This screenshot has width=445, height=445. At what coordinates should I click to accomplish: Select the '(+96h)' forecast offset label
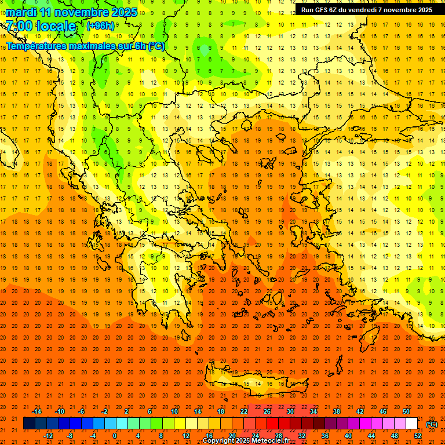tap(100, 25)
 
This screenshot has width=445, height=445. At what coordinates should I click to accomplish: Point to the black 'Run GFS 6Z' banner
tap(366, 10)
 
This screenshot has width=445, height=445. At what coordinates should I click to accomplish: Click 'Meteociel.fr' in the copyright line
tap(267, 441)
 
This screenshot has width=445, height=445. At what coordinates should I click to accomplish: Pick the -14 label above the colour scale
tap(37, 411)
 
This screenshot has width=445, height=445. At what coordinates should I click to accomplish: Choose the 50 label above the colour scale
tap(406, 411)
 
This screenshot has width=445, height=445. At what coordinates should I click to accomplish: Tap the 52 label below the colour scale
tap(418, 436)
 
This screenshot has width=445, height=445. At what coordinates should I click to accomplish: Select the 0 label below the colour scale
tap(115, 436)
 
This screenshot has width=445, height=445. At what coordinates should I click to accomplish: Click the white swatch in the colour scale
tap(411, 424)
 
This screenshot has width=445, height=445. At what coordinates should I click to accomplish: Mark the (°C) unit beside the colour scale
tap(432, 424)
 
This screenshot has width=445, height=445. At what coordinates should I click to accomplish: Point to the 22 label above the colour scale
tap(244, 411)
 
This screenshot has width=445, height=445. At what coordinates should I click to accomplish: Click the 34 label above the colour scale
tap(313, 411)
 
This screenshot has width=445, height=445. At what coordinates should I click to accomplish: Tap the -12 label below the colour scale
tap(48, 436)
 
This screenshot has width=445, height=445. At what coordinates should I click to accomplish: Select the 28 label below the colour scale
tap(279, 436)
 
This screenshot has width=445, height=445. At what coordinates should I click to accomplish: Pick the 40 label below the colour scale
tap(348, 436)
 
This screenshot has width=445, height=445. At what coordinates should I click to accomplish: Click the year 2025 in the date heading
tap(125, 12)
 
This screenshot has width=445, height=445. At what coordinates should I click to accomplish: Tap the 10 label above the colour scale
tap(174, 411)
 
